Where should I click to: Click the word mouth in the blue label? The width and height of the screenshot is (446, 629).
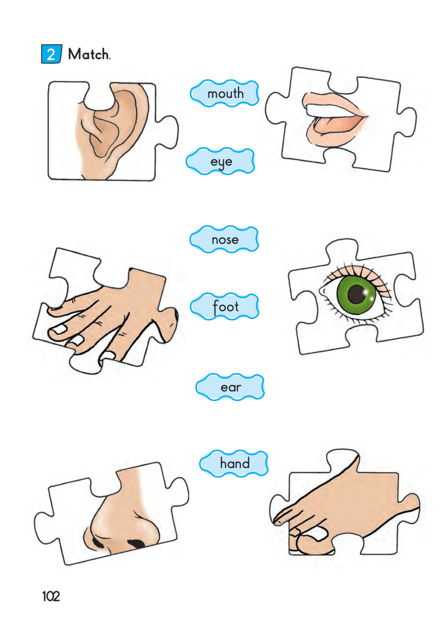[226, 94]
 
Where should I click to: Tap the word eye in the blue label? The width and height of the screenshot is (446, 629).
[221, 162]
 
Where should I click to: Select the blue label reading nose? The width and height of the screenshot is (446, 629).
[224, 239]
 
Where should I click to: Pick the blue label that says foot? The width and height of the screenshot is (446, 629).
[225, 306]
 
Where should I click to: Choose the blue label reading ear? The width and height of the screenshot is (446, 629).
[230, 387]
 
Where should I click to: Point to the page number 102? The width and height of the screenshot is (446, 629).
[51, 596]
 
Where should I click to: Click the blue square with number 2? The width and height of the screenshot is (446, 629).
[51, 54]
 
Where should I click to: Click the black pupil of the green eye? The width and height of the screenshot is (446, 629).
[357, 294]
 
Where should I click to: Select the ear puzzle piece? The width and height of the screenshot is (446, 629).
[113, 131]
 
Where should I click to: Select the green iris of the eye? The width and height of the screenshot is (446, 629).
[356, 294]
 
